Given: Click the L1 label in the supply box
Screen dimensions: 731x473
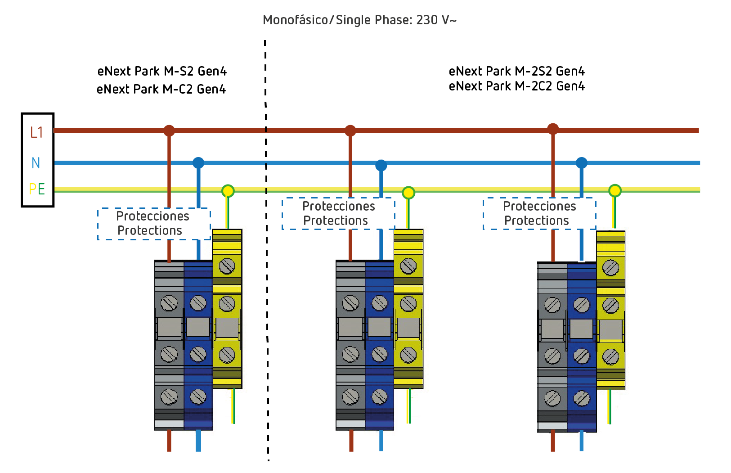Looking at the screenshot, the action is click(x=36, y=132).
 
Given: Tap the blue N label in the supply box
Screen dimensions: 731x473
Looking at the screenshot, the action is click(x=36, y=163).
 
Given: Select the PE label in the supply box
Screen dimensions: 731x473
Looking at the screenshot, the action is click(x=36, y=189).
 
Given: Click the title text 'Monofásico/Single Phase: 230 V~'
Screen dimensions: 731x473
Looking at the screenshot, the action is click(x=359, y=20).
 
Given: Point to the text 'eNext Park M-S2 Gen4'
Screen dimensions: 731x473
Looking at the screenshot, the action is click(x=162, y=71).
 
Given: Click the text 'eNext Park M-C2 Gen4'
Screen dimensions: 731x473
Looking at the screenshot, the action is click(x=161, y=89).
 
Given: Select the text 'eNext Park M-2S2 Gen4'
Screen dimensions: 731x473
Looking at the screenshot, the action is click(x=516, y=71).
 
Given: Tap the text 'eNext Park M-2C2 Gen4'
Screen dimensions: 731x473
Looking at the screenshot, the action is click(x=516, y=86).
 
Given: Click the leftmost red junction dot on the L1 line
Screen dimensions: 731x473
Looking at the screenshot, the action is click(x=169, y=131).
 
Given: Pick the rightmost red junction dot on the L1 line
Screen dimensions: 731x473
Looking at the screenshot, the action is click(x=553, y=129).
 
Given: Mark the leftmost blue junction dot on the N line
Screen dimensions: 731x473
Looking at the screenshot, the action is click(x=198, y=162).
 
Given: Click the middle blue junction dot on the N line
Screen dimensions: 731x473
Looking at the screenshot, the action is click(x=381, y=166).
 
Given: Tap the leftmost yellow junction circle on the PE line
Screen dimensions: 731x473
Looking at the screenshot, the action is click(x=228, y=191).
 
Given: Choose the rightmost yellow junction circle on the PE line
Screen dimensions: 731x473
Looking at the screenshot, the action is click(x=615, y=191).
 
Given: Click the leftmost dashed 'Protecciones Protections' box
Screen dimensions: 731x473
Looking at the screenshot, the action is click(x=154, y=224).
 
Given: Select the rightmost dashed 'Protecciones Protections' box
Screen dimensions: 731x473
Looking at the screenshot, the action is click(x=539, y=213).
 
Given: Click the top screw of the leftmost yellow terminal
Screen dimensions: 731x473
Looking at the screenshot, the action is click(x=227, y=266).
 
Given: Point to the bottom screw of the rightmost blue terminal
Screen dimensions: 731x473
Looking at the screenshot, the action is click(x=582, y=399).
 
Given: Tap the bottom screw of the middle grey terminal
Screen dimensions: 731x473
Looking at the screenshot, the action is click(x=350, y=397).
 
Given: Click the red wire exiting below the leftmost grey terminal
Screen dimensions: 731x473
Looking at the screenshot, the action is click(x=169, y=441).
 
